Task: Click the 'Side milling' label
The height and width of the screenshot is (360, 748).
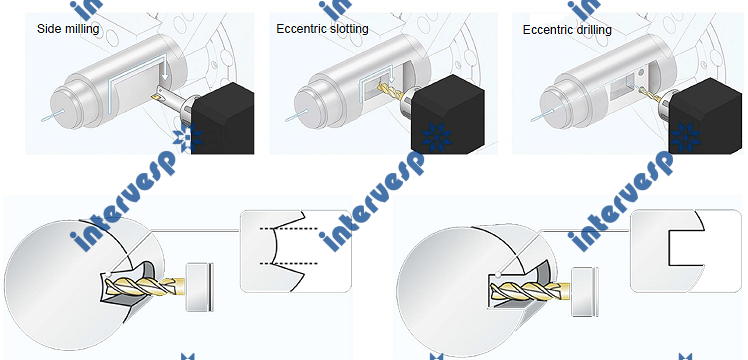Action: click(x=68, y=29)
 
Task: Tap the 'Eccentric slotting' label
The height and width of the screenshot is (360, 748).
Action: click(x=322, y=29)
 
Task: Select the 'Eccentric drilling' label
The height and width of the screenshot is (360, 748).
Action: click(x=567, y=30)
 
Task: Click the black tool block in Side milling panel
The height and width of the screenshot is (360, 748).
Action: click(x=223, y=119)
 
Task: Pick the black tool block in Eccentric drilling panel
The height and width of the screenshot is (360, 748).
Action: click(x=707, y=117)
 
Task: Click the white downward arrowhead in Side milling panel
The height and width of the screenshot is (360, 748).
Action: click(x=164, y=75)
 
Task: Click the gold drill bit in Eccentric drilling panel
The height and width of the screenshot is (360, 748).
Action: click(x=650, y=93)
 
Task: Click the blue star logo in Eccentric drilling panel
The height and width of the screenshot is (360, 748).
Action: click(x=686, y=137)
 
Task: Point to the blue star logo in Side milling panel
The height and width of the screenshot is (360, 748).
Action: click(x=187, y=140)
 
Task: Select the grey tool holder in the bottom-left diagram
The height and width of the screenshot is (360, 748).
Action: click(x=199, y=287)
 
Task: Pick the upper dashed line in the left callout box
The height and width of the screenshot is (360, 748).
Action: click(x=289, y=229)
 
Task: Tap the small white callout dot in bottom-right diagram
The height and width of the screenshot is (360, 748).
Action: click(x=498, y=275)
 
